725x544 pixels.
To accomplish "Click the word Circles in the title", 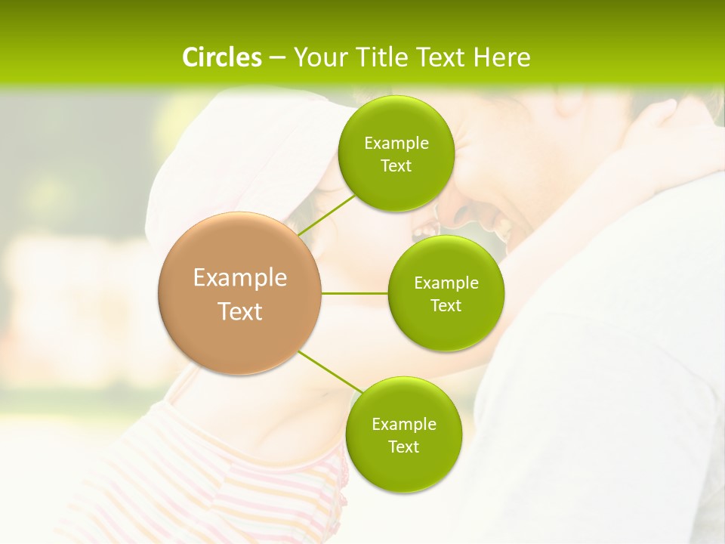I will (x=221, y=57).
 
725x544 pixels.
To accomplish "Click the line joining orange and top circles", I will (x=327, y=214).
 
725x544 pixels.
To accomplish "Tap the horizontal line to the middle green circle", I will (x=355, y=293).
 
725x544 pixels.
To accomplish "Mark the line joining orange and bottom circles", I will (x=331, y=372).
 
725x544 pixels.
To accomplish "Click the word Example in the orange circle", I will (x=240, y=278).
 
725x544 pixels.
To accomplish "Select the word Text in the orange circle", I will (x=240, y=311).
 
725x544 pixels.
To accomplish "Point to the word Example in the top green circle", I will (x=396, y=144).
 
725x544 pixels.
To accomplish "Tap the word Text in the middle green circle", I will (x=446, y=305).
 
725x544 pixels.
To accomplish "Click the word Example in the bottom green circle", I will (x=403, y=424).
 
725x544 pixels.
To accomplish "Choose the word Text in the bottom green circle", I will (x=403, y=447).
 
